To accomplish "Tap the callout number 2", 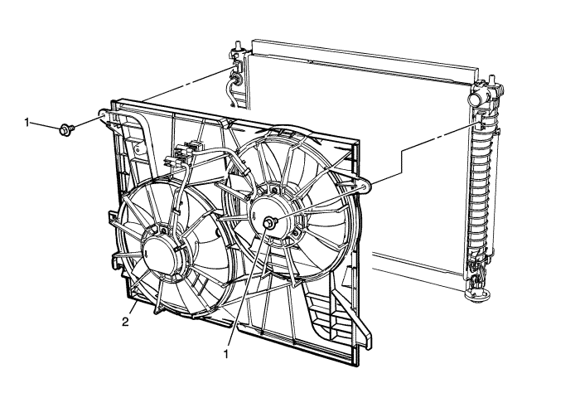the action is pos(126,322).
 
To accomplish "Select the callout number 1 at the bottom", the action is pos(225,355).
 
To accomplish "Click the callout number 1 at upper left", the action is pos(27,122).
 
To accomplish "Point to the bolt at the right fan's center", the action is pos(269,223).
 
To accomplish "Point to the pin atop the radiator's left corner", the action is pos(236,46).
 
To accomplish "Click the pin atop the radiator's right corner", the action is pos(492,80).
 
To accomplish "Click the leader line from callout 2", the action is pos(133,308).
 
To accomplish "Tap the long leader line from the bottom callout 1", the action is pos(249,287).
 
